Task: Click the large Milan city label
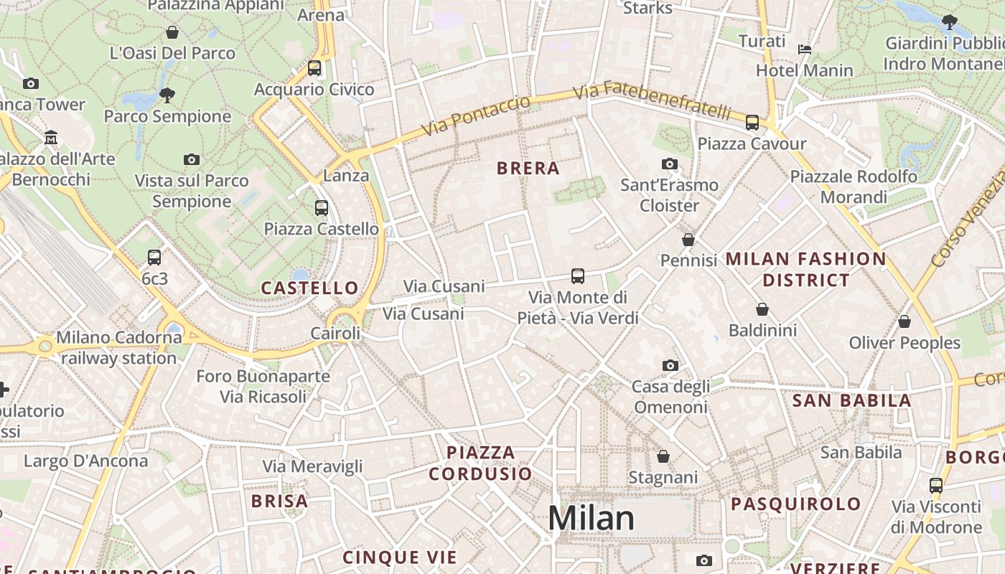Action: pyautogui.click(x=591, y=518)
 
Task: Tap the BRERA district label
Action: pyautogui.click(x=528, y=169)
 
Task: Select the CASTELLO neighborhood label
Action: pyautogui.click(x=309, y=288)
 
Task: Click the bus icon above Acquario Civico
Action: pyautogui.click(x=314, y=68)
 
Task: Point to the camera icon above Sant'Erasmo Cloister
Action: pyautogui.click(x=670, y=164)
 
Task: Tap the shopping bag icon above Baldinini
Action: pyautogui.click(x=762, y=309)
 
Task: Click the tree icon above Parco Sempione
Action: pyautogui.click(x=167, y=94)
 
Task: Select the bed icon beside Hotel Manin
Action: pyautogui.click(x=805, y=49)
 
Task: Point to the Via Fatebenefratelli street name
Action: pyautogui.click(x=652, y=101)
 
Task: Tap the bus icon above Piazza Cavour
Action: pyautogui.click(x=752, y=123)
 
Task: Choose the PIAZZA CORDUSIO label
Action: pyautogui.click(x=480, y=463)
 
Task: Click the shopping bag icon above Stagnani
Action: pyautogui.click(x=663, y=456)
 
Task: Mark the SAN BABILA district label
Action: pyautogui.click(x=851, y=401)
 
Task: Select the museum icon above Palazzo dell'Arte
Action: pyautogui.click(x=51, y=137)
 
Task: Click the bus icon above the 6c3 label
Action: pyautogui.click(x=154, y=257)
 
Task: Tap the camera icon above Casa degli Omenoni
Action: pyautogui.click(x=670, y=366)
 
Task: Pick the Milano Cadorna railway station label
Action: pyautogui.click(x=118, y=347)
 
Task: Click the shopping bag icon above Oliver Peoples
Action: pyautogui.click(x=904, y=321)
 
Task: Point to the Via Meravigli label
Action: pyautogui.click(x=312, y=466)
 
